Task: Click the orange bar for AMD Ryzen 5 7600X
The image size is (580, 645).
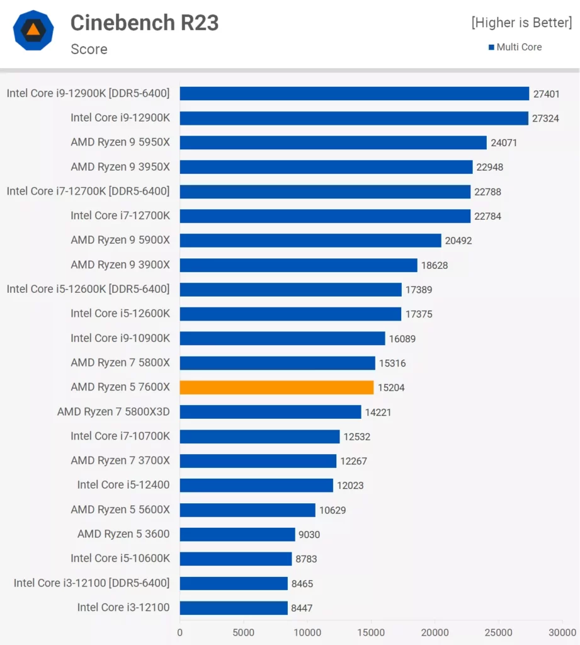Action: click(x=276, y=387)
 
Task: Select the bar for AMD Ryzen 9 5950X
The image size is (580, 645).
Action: click(x=333, y=142)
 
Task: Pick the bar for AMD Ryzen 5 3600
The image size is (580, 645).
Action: click(x=237, y=534)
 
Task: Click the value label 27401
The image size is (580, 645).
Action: click(x=546, y=94)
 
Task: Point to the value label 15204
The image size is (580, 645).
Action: click(x=391, y=388)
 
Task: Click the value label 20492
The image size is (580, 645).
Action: click(x=458, y=241)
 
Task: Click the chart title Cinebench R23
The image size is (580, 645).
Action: click(x=144, y=23)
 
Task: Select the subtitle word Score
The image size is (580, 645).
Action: click(x=89, y=49)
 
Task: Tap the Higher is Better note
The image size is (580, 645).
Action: click(x=521, y=23)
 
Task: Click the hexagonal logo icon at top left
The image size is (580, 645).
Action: click(x=33, y=30)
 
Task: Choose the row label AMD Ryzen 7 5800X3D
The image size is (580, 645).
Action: click(x=113, y=412)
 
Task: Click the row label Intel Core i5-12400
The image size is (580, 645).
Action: click(x=123, y=485)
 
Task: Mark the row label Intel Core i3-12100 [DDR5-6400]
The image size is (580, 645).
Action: click(x=91, y=583)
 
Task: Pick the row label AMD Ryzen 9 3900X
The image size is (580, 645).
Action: click(x=120, y=265)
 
